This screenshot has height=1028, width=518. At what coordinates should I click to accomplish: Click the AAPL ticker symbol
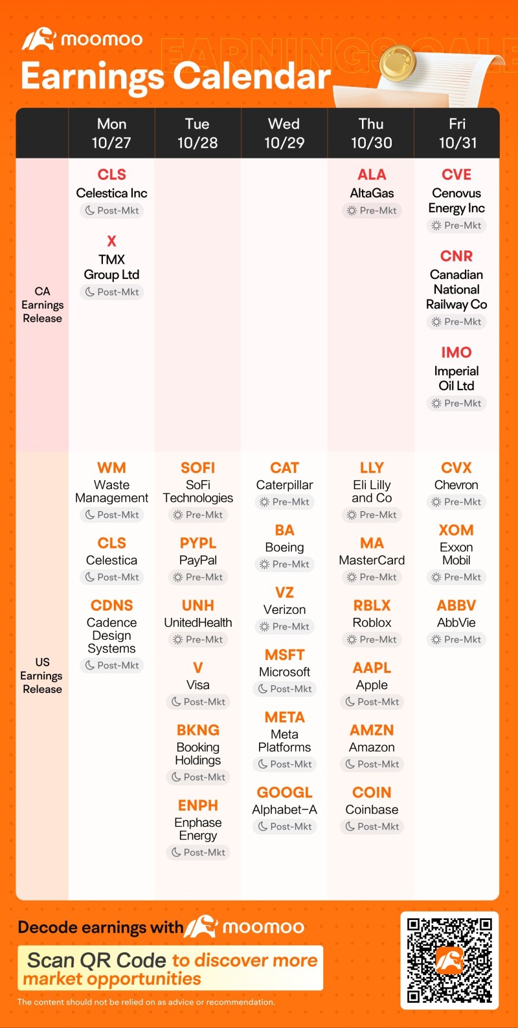click(x=372, y=668)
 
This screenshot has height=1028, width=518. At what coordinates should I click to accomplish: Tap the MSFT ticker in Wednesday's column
click(x=284, y=655)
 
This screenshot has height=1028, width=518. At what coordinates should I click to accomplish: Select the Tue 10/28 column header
click(x=197, y=133)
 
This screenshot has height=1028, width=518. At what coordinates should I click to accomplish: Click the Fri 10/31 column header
click(x=457, y=133)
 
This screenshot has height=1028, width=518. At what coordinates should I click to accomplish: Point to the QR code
click(x=449, y=960)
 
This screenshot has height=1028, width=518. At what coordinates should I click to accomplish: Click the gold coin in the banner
click(x=396, y=64)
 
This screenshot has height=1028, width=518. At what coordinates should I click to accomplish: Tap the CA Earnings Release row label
click(x=42, y=305)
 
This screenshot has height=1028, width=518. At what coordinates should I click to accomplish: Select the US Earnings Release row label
click(x=42, y=675)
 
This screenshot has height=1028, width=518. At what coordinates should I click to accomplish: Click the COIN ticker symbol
click(x=372, y=793)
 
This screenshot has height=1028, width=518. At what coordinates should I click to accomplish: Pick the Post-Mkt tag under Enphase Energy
click(x=198, y=853)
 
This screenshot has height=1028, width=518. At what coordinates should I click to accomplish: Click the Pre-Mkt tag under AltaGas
click(x=372, y=210)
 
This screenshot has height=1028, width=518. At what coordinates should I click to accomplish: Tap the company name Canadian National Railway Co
click(x=456, y=289)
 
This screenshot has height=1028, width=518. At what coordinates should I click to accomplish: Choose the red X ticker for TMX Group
click(x=111, y=241)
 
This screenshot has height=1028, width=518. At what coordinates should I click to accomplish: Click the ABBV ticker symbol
click(x=456, y=606)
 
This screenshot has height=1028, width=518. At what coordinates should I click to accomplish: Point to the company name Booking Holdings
click(x=198, y=754)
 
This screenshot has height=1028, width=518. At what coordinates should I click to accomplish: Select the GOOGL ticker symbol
click(x=284, y=793)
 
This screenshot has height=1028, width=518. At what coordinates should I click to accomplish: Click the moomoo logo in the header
click(x=82, y=39)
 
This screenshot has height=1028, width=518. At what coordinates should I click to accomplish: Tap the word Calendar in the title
click(x=253, y=76)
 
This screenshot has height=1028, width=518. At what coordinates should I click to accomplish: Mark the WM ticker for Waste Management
click(x=111, y=468)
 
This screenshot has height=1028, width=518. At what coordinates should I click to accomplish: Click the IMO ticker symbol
click(x=456, y=353)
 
